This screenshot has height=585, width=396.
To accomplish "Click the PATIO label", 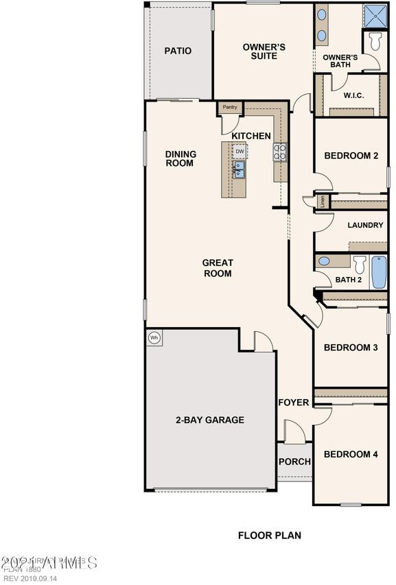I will tap(178, 51).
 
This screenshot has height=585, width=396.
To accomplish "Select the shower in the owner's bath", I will tap(373, 15).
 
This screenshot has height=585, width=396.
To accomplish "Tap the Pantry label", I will tap(230, 107).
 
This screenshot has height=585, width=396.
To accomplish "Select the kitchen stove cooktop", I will tap(280, 152).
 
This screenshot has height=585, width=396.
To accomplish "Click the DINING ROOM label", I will tap(180, 158).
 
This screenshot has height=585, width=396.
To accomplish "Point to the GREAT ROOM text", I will tap(217, 268).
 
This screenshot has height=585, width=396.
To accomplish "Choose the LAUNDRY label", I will tap(365, 225).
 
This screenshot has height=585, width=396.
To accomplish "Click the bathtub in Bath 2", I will tap(379, 272).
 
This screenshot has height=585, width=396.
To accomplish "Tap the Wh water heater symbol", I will tap(154, 337).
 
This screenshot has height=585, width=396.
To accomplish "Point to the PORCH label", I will tap(294, 462).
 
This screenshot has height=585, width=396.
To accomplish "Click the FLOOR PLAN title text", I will tap(269, 536).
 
